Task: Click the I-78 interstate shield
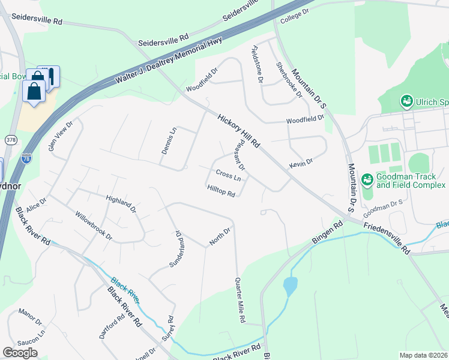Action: pos(26,158)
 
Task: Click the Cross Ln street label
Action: pos(228,176)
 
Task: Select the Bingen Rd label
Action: pos(327,232)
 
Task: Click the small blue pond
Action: pos(290,286)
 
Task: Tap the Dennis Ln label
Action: pos(169,140)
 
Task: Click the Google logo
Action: pos(20,353)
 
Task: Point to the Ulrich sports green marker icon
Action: pos(407,101)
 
